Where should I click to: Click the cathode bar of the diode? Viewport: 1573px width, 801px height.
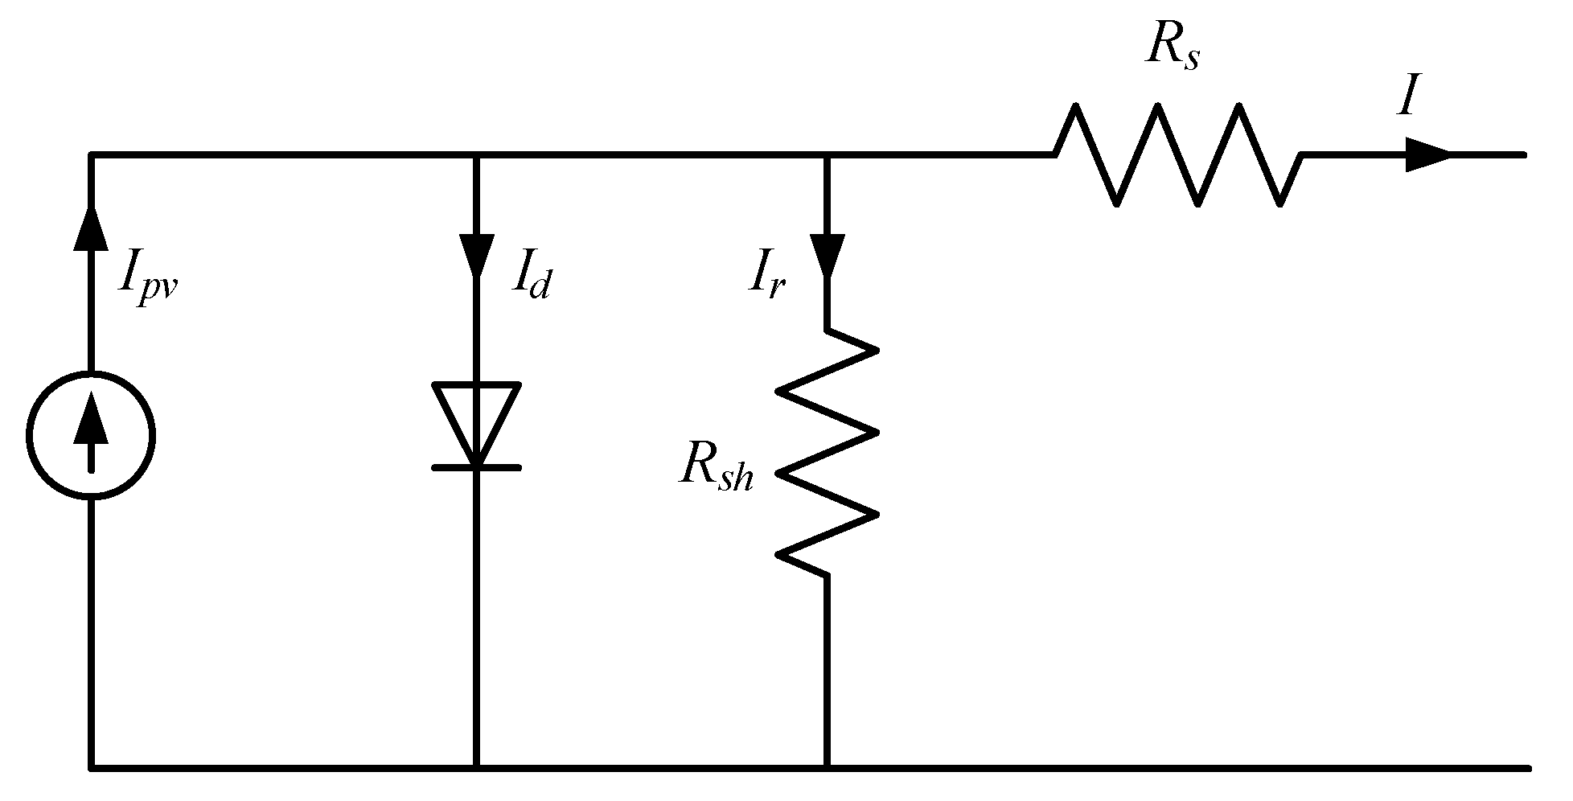pyautogui.click(x=477, y=467)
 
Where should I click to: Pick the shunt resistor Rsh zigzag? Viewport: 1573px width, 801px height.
pyautogui.click(x=827, y=452)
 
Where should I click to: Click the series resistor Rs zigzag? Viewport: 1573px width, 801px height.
pyautogui.click(x=1178, y=154)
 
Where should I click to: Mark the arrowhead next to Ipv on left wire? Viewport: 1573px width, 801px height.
pyautogui.click(x=90, y=228)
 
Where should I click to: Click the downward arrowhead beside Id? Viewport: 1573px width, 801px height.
pyautogui.click(x=477, y=253)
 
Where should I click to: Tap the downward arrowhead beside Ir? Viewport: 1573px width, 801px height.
pyautogui.click(x=827, y=253)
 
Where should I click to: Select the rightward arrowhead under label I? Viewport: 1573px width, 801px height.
pyautogui.click(x=1427, y=154)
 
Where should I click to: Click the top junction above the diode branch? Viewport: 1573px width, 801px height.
pyautogui.click(x=477, y=154)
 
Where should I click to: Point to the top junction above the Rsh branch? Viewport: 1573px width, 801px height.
pyautogui.click(x=827, y=154)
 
